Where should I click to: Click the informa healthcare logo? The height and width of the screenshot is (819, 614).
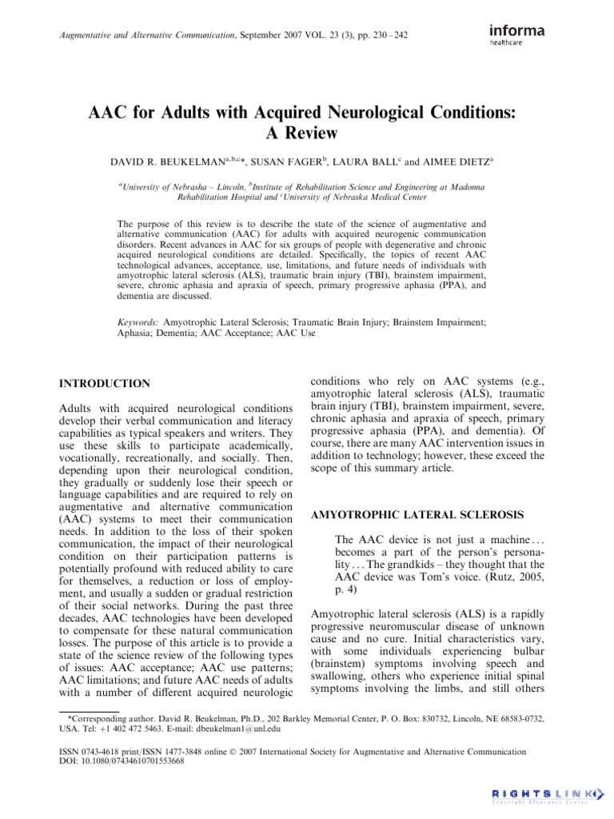(x=517, y=34)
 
